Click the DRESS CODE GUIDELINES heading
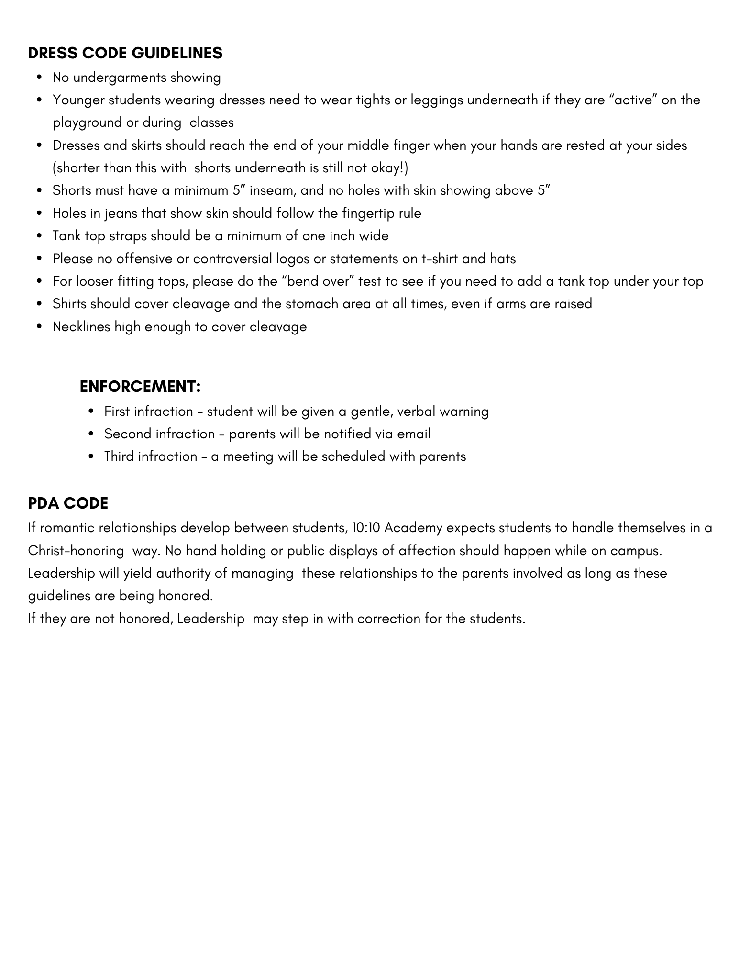[x=125, y=53]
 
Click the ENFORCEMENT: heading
[x=140, y=387]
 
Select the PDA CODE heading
[x=68, y=503]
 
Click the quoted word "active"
[x=634, y=100]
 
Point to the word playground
[x=88, y=123]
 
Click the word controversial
[x=232, y=259]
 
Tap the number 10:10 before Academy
[x=365, y=528]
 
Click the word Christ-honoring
[x=76, y=551]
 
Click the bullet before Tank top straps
[x=40, y=236]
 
